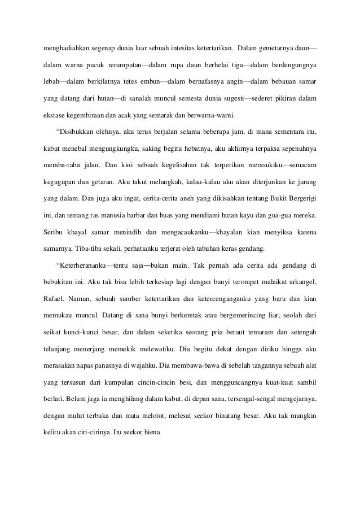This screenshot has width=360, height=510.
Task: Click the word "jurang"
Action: point(306,184)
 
